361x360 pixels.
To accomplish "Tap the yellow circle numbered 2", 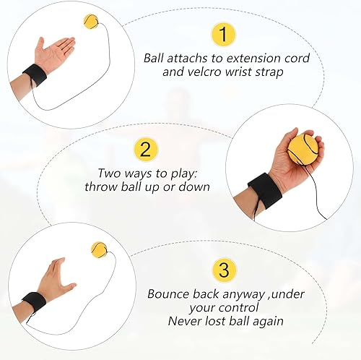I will pos(147,150).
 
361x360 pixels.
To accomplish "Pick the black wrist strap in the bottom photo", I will pos(32,304).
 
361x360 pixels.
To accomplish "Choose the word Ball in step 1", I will pos(155,57).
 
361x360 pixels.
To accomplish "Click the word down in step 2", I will pos(194,187).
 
